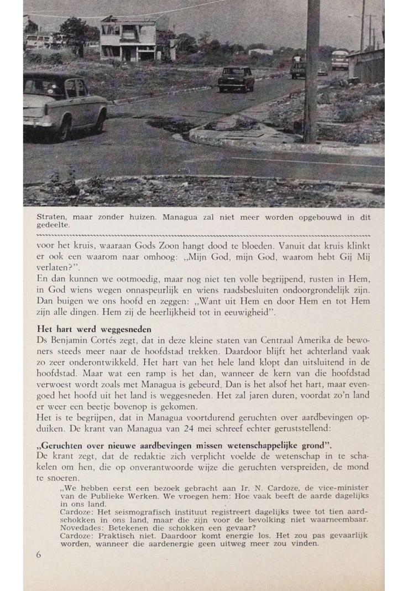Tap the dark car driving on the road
point(236,79)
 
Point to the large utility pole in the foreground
point(312,72)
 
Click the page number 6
point(39,554)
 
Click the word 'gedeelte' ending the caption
point(53,225)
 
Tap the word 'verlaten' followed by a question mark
point(54,267)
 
